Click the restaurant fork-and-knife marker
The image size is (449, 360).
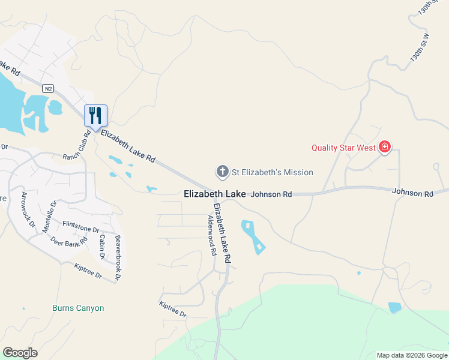point(95,115)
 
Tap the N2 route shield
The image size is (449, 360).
point(48,88)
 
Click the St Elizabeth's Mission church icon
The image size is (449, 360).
point(222,172)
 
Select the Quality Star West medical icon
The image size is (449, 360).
point(384,147)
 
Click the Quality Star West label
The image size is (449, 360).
point(343,148)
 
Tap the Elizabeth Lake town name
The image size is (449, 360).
point(214,194)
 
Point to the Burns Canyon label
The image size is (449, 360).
point(78,308)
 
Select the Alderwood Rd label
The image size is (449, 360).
point(211,236)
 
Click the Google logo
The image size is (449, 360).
point(20,353)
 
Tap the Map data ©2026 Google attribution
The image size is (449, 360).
point(411,355)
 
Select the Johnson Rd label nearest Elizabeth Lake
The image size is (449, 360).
point(271,194)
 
